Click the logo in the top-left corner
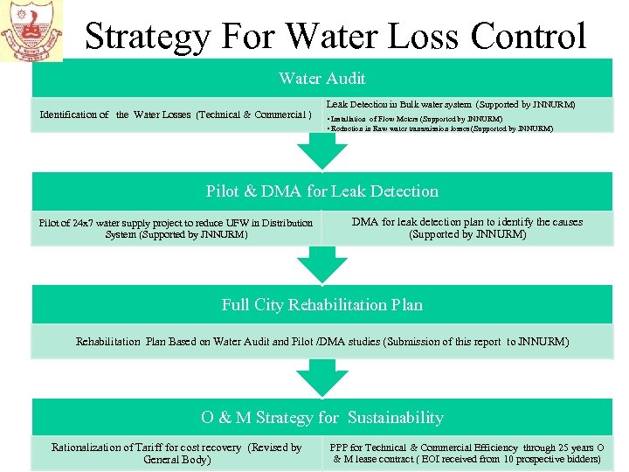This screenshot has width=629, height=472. coord(31,31)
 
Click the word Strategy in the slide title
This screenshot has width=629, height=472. coord(148,37)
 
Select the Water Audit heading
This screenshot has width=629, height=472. coord(321,79)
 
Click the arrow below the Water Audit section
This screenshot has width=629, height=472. coord(322,151)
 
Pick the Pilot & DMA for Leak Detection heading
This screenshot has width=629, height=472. coord(321,191)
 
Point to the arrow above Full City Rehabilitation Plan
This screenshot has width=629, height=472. coord(322,265)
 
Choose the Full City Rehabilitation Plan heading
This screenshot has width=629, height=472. coord(321,305)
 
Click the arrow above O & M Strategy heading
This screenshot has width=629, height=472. coord(322,378)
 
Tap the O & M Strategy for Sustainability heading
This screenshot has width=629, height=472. coord(321,418)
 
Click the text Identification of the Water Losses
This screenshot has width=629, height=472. coord(176,115)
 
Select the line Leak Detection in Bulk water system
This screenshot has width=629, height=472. coord(450,104)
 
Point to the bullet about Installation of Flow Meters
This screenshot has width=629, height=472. coord(414,118)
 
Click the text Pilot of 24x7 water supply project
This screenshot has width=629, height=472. coord(176,223)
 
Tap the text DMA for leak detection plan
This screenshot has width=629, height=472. coord(467,222)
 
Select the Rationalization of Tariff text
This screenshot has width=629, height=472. coord(176,448)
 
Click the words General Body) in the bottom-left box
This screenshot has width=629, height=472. coord(176,460)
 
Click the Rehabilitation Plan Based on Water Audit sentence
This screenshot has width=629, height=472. coord(321,342)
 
